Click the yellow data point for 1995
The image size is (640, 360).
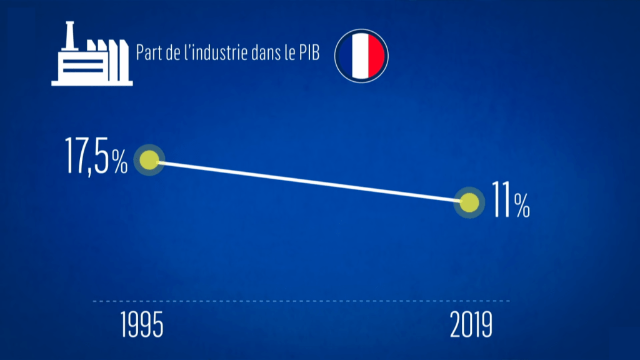(150, 161)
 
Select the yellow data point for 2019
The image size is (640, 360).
(469, 202)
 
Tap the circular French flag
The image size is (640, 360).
(361, 54)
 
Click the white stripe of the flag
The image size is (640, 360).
(361, 54)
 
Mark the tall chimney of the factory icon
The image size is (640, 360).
(70, 34)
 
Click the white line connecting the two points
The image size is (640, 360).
(309, 182)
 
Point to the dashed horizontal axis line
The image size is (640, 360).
(300, 301)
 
